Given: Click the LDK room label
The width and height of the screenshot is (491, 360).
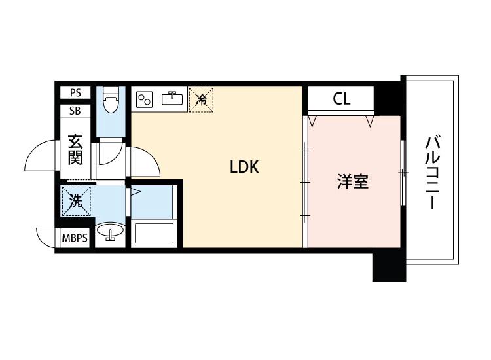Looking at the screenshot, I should (x=244, y=168).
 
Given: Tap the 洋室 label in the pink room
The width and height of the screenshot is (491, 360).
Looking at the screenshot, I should (x=352, y=182).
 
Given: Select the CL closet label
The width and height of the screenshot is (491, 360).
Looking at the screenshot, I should (x=341, y=99).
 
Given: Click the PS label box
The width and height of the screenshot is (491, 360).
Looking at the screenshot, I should (x=75, y=93).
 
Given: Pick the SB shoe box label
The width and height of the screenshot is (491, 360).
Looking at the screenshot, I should (x=75, y=110).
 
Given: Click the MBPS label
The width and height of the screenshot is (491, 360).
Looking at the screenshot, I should (x=75, y=238).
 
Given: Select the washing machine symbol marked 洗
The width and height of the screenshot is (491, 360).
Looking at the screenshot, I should (x=76, y=201).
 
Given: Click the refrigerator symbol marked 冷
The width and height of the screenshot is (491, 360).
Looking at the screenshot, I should (x=202, y=100).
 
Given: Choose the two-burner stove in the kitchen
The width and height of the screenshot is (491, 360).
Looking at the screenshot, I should (x=145, y=99).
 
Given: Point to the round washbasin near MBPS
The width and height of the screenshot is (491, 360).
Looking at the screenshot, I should (x=110, y=232).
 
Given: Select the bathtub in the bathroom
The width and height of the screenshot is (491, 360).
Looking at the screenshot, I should (x=154, y=234).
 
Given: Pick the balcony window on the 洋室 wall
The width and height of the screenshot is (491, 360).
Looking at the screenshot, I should (x=402, y=173).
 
